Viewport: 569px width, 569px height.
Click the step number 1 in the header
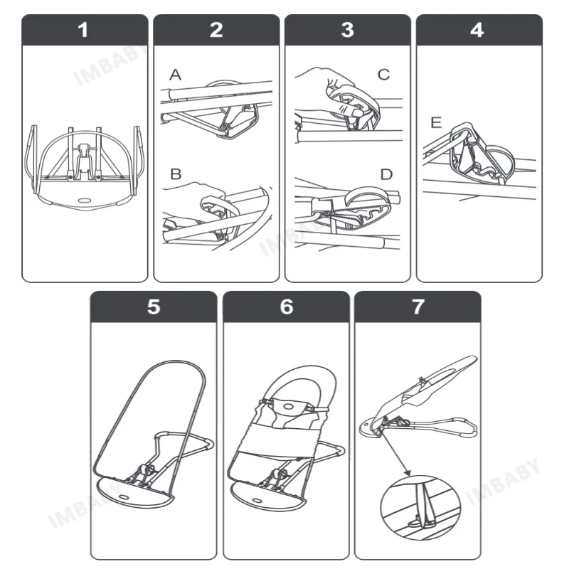pyautogui.click(x=83, y=30)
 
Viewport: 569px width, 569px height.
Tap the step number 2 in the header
pyautogui.click(x=216, y=30)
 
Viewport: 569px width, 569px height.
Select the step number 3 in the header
pyautogui.click(x=348, y=30)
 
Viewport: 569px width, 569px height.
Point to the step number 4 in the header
pyautogui.click(x=477, y=30)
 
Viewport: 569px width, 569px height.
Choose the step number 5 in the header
pyautogui.click(x=154, y=307)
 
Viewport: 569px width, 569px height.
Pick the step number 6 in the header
pyautogui.click(x=287, y=307)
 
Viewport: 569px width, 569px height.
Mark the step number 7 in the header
pyautogui.click(x=418, y=307)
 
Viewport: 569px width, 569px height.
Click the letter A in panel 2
pyautogui.click(x=175, y=75)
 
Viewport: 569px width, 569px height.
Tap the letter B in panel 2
pyautogui.click(x=176, y=174)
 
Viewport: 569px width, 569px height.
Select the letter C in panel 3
pyautogui.click(x=383, y=75)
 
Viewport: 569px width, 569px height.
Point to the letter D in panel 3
pyautogui.click(x=386, y=174)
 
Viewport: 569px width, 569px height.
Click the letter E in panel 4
pyautogui.click(x=436, y=122)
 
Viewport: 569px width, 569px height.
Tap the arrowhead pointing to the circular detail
pyautogui.click(x=407, y=472)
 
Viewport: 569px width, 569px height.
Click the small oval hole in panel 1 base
pyautogui.click(x=85, y=201)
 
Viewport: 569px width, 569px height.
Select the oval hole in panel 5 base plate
pyautogui.click(x=123, y=496)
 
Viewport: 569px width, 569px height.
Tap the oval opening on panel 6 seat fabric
pyautogui.click(x=289, y=406)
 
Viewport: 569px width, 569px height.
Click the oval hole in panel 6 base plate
pyautogui.click(x=257, y=501)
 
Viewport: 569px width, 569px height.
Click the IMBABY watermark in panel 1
pyautogui.click(x=109, y=65)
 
